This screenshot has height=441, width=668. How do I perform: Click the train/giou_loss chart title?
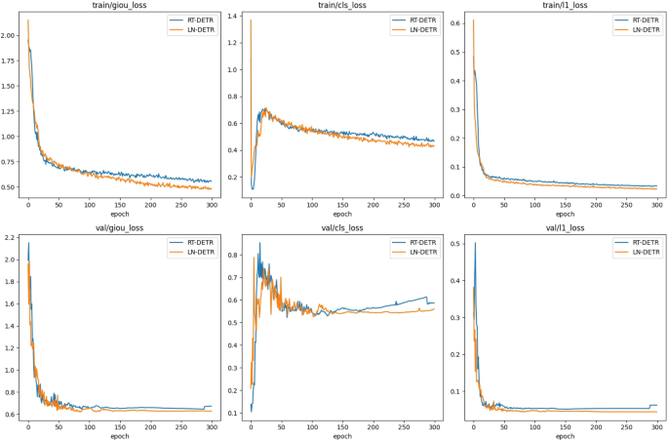(x=119, y=6)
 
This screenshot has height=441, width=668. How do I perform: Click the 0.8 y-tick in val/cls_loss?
(x=236, y=255)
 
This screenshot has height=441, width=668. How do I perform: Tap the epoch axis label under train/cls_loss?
(x=342, y=214)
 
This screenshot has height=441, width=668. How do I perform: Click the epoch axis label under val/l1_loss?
(x=565, y=435)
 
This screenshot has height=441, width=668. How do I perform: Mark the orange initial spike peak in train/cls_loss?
(x=251, y=20)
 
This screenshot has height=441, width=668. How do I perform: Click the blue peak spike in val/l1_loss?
(x=475, y=243)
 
